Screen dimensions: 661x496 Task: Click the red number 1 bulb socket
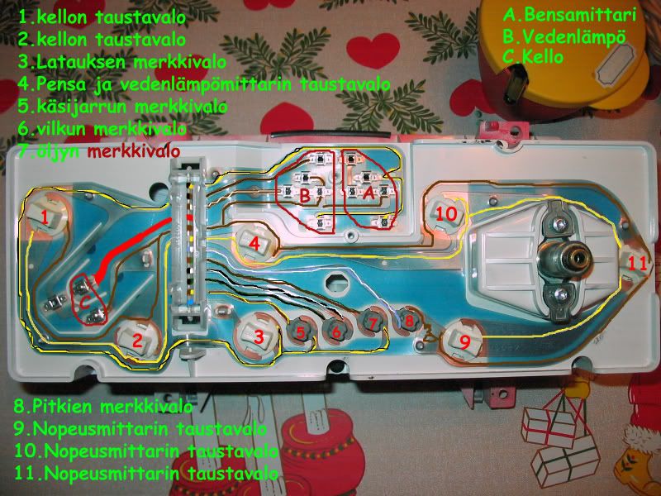coord(46,216)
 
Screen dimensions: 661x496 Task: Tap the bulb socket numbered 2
coord(137,338)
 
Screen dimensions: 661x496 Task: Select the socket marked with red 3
coord(257,336)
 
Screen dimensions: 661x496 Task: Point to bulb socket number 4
coord(255,243)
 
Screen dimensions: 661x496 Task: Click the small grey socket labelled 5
coord(300,331)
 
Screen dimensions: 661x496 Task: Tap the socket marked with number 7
coord(373,323)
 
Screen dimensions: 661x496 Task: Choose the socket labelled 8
coord(408,320)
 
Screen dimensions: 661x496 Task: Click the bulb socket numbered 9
coord(463,341)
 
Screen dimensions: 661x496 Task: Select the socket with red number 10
coord(445,212)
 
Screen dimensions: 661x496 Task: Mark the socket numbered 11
coord(636,263)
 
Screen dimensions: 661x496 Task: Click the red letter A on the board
coord(369,193)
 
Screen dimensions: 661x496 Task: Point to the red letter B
coord(305,195)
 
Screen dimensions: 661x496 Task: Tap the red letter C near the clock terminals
coord(85,302)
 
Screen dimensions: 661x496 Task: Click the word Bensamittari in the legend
coord(580,15)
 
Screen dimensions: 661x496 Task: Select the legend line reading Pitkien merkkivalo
coord(104,407)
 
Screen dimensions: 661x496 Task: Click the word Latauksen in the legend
coord(81,62)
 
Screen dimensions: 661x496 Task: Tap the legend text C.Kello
coord(533,57)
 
